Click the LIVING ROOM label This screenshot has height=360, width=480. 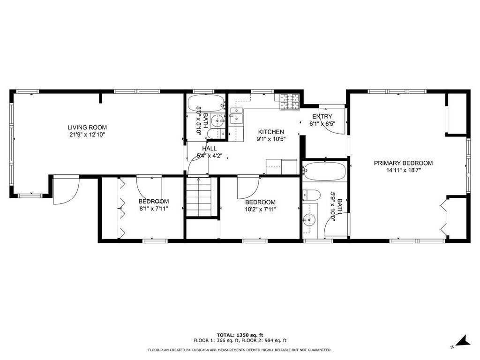(87, 127)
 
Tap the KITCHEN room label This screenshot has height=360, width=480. (271, 132)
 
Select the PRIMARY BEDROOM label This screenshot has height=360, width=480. (403, 163)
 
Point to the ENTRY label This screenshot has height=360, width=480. (322, 117)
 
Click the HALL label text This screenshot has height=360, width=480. (210, 149)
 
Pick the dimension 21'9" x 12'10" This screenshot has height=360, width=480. (87, 135)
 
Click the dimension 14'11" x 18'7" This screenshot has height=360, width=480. (403, 171)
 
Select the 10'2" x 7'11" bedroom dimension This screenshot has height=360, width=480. (260, 210)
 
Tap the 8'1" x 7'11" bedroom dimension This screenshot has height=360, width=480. (154, 209)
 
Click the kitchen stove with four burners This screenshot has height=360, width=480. (289, 102)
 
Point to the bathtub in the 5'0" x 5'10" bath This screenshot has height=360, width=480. (206, 104)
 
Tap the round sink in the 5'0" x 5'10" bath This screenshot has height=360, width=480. (218, 120)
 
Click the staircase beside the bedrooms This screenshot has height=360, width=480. (199, 196)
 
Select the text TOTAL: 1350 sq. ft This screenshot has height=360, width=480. (240, 335)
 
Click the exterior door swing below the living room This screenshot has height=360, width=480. (66, 190)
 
